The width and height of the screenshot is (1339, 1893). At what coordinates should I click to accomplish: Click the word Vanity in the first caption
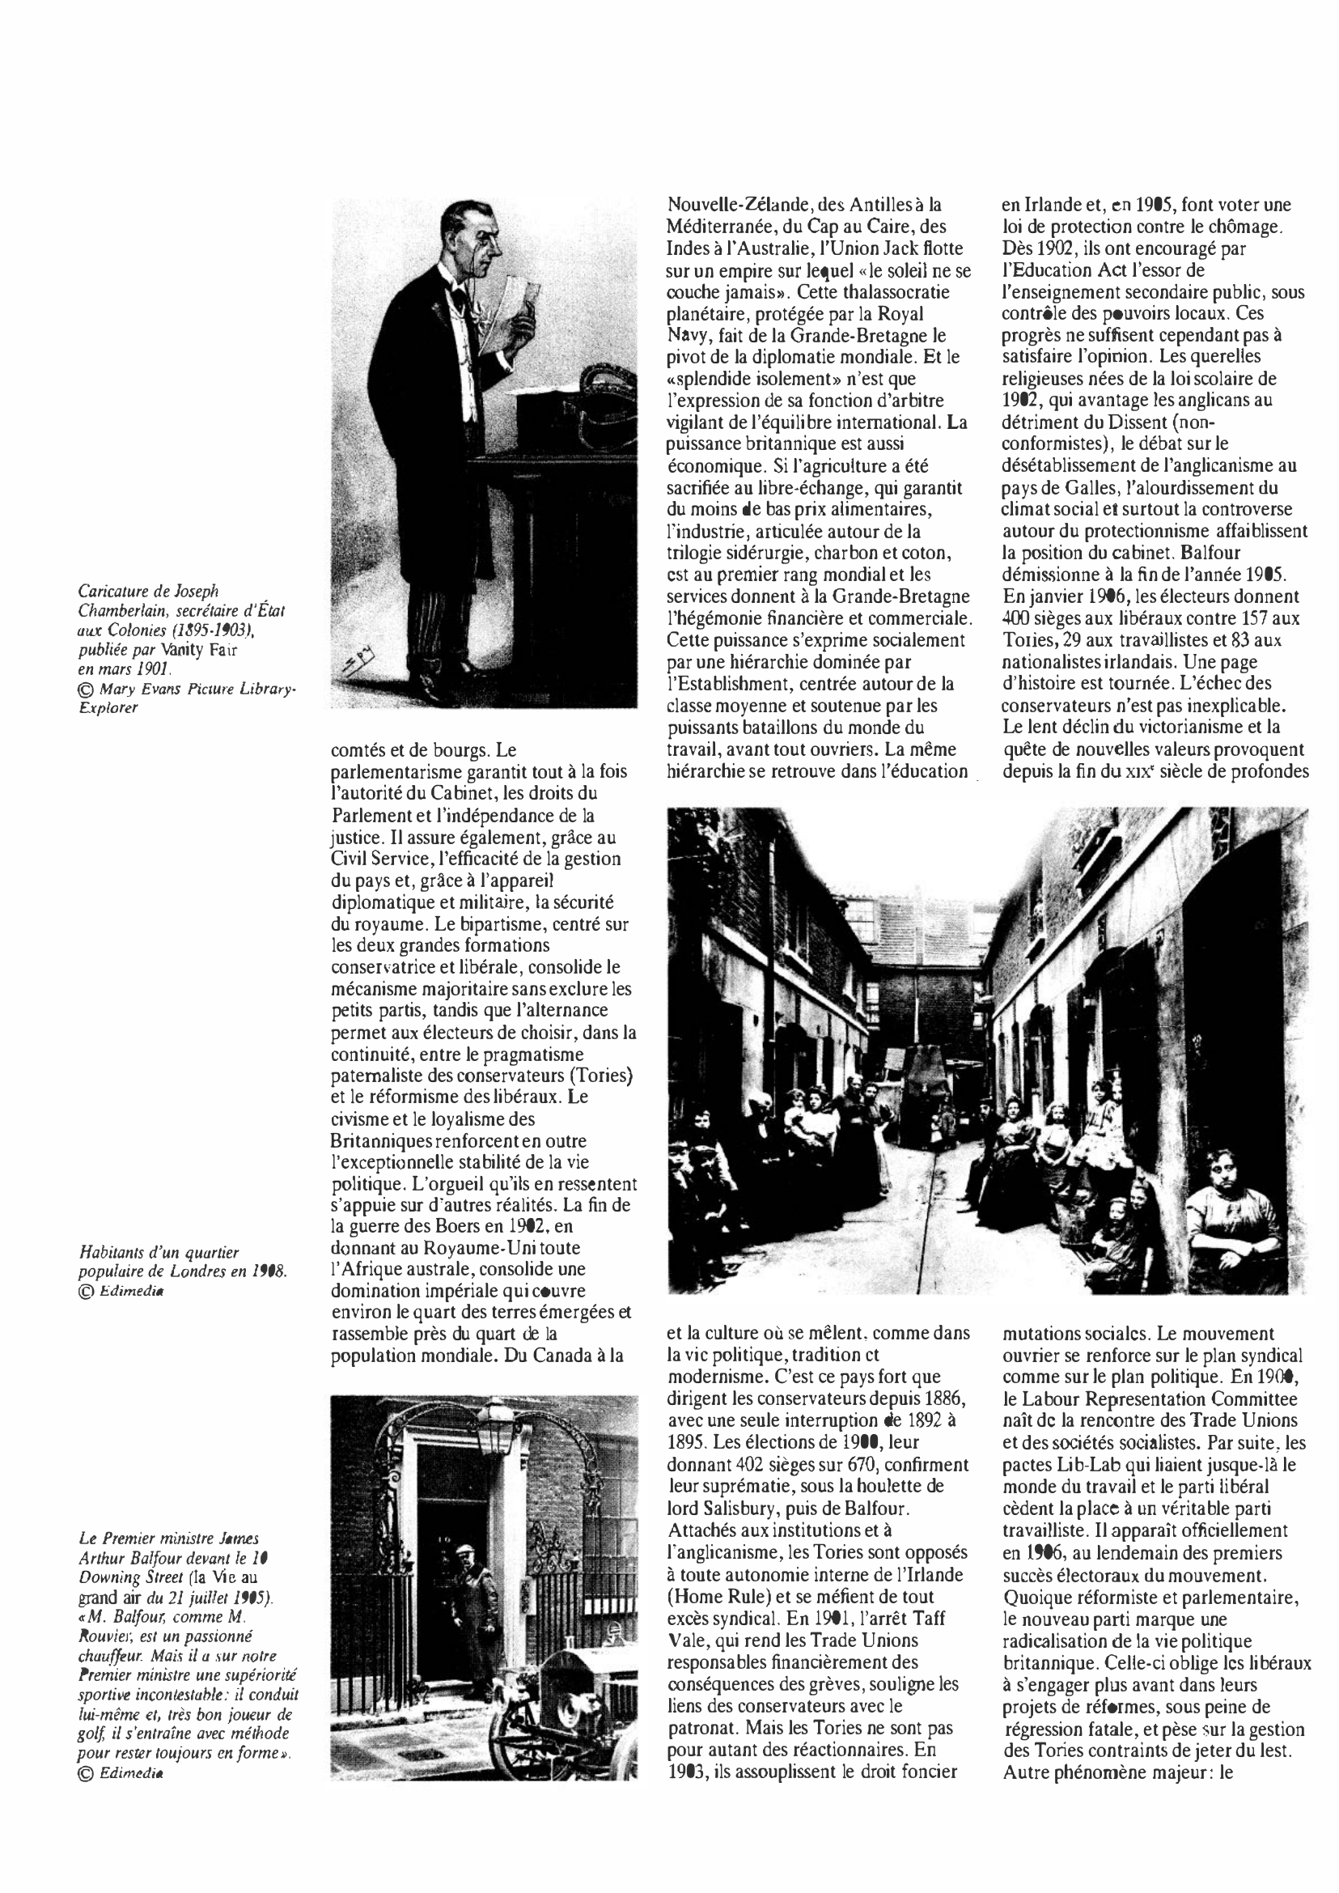[181, 649]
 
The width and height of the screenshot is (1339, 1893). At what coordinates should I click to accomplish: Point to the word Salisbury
[721, 1510]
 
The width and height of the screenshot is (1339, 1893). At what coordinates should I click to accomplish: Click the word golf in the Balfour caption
[90, 1733]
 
